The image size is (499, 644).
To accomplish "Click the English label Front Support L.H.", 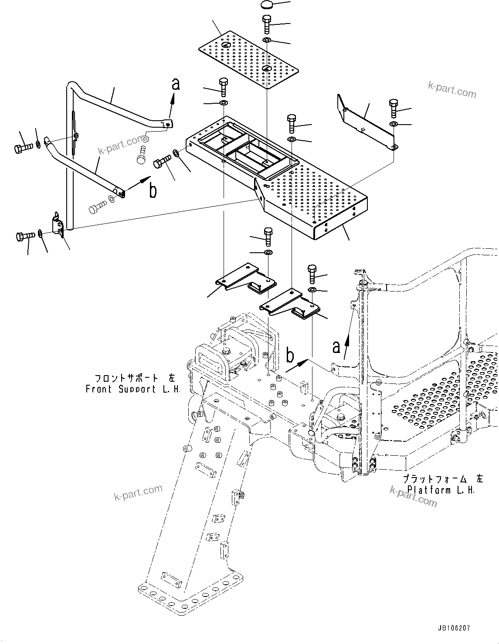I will pyautogui.click(x=133, y=389).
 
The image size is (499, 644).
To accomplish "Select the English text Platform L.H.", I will pyautogui.click(x=441, y=489).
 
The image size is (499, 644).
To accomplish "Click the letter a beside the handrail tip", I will pyautogui.click(x=176, y=84).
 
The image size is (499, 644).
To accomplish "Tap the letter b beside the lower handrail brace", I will pyautogui.click(x=153, y=191).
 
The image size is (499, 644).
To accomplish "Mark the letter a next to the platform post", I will pyautogui.click(x=336, y=347).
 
